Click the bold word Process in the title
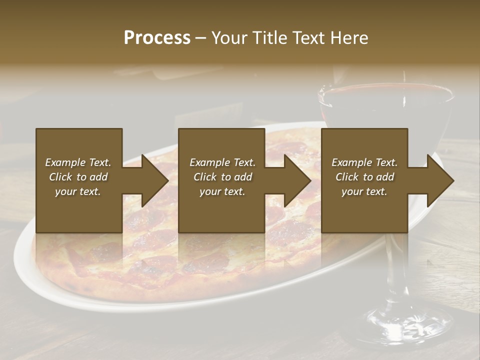157,38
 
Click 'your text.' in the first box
78,191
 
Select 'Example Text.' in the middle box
222,162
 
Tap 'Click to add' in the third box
364,177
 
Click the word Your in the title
228,38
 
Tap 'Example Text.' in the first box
78,162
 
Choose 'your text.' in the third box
364,191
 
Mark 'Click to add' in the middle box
222,177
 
